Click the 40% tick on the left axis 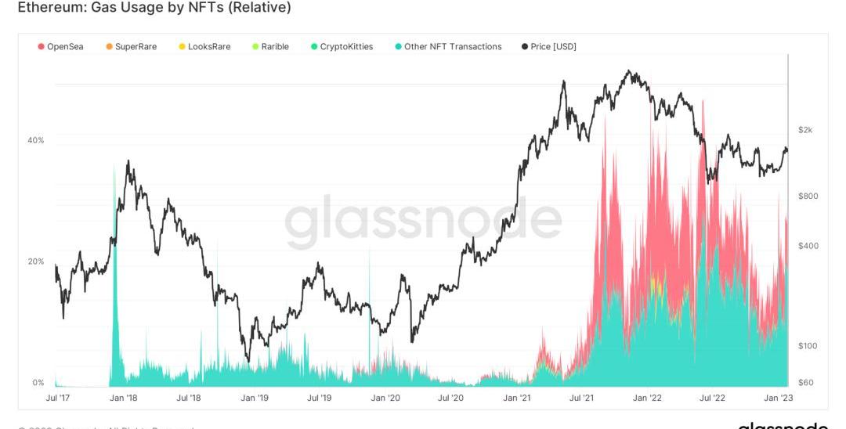point(36,140)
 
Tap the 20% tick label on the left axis point(36,261)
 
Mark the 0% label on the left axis point(38,383)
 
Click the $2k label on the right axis point(805,130)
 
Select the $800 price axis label point(807,196)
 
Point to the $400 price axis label point(807,246)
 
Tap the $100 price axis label point(807,346)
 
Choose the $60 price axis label point(805,382)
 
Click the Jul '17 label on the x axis point(59,398)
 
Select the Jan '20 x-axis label point(385,398)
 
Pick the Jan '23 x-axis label point(778,398)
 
